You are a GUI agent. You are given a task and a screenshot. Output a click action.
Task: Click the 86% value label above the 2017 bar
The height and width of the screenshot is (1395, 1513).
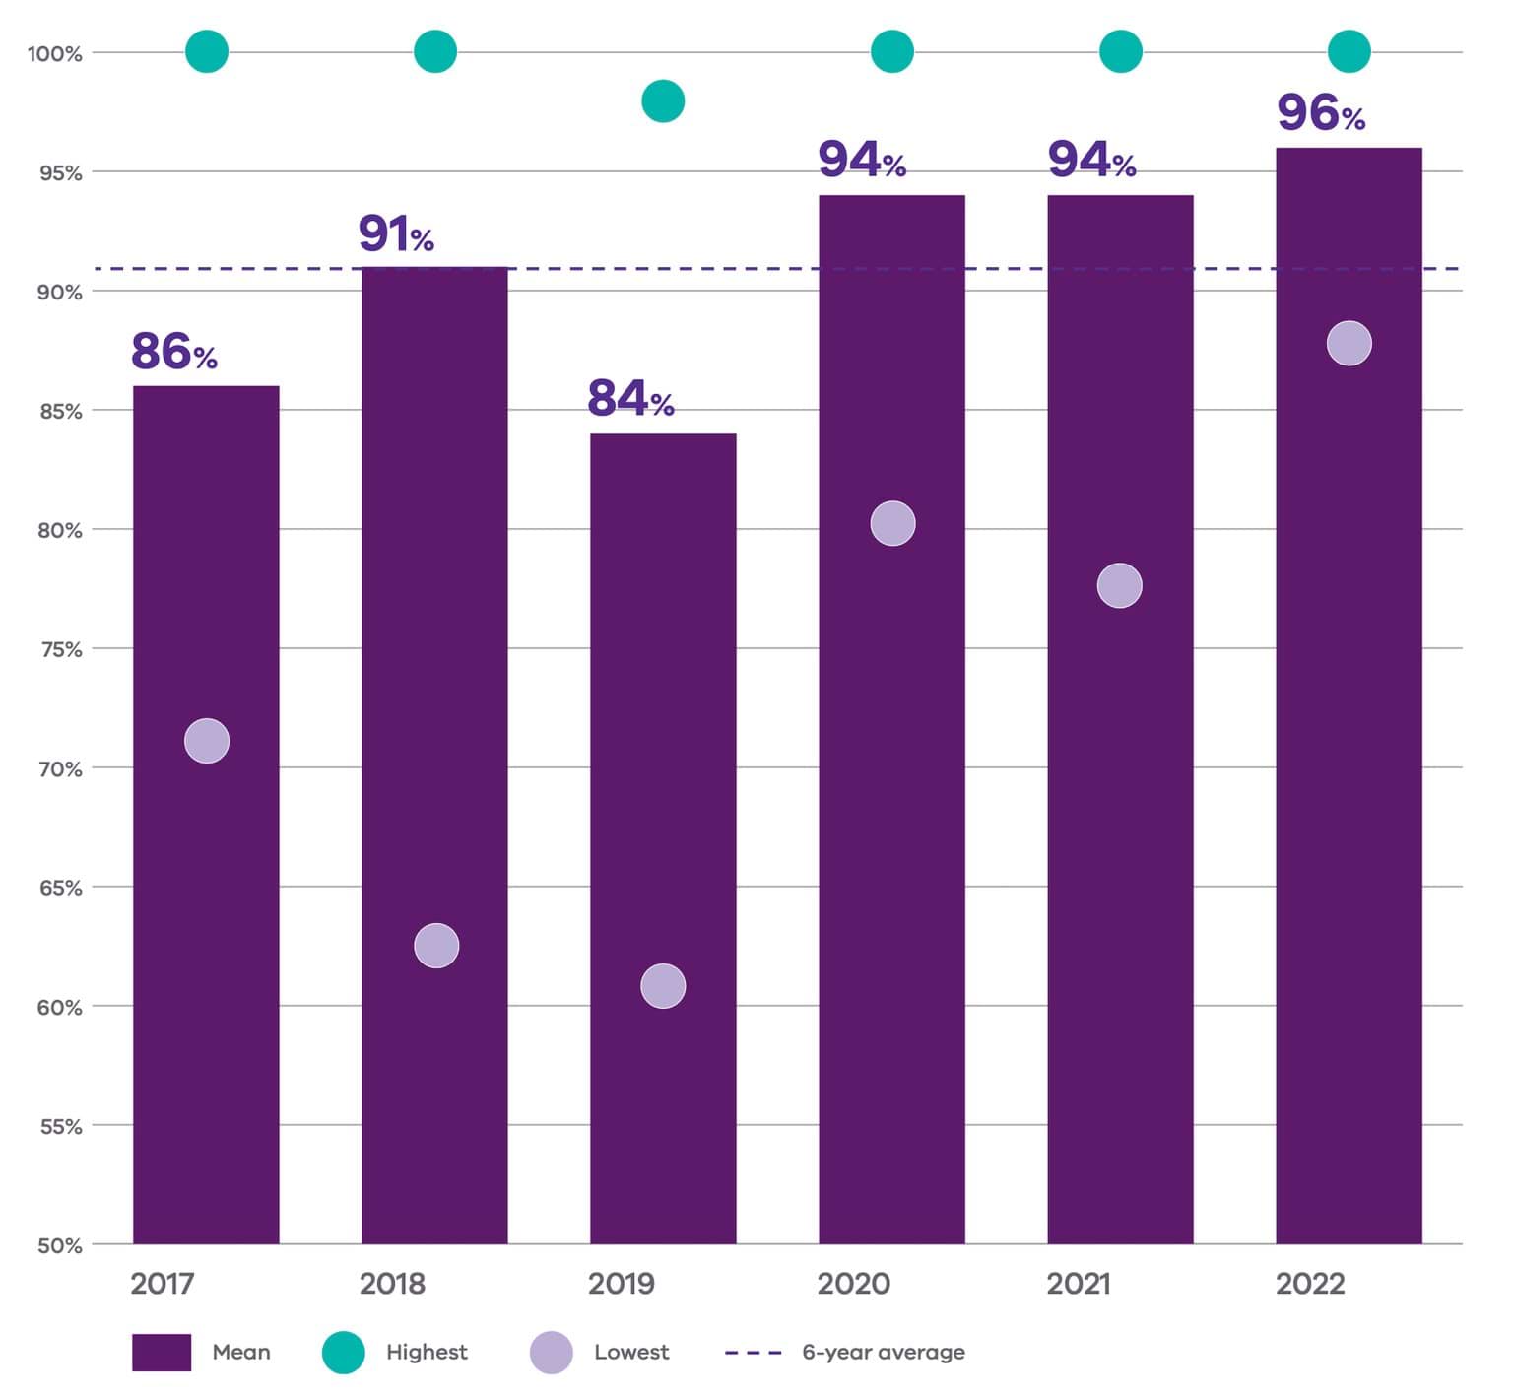pos(173,352)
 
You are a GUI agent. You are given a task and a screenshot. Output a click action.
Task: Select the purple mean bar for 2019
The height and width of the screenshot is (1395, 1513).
pos(663,837)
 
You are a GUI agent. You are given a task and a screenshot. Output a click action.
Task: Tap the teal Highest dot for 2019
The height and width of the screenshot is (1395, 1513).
pos(663,101)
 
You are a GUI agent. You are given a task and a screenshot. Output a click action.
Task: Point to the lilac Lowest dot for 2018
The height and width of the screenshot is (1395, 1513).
pos(436,946)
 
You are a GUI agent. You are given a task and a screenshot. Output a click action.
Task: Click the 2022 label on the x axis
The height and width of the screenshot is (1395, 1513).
pos(1309,1284)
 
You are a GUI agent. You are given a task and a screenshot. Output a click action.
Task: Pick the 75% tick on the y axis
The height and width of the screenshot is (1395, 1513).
pos(60,649)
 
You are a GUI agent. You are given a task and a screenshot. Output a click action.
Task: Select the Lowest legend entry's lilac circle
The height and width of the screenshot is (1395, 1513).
pos(551,1353)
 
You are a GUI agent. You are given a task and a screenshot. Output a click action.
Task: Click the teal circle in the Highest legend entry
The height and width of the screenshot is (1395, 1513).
pos(344,1353)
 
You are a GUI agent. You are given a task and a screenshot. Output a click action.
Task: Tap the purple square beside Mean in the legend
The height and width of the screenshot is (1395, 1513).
pos(162,1353)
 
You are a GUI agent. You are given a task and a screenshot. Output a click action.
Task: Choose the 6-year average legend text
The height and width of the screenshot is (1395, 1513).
pos(883,1353)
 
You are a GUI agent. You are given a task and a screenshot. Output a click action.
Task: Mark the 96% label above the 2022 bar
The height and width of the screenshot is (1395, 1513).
pos(1320,113)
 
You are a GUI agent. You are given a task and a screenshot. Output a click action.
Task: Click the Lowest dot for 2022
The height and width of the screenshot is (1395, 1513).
pos(1349,344)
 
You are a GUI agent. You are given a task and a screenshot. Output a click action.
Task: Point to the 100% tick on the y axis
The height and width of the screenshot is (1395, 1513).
pos(54,54)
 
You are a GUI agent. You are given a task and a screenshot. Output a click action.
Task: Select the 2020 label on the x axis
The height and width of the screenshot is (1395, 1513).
pos(853,1284)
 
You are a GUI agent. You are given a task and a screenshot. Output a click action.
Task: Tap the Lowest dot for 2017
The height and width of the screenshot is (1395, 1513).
pos(207,741)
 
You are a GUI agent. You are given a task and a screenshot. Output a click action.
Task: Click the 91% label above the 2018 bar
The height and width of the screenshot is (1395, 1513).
pos(396,234)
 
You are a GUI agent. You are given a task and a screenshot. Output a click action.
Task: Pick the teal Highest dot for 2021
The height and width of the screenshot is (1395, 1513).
pos(1120,51)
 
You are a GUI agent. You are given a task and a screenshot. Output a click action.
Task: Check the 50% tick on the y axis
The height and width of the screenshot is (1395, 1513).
pos(60,1245)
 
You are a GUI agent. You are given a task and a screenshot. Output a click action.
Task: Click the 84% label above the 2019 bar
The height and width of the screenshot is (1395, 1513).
pos(630,399)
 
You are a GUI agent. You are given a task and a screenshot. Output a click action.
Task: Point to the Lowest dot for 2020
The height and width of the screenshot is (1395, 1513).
pos(892,523)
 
